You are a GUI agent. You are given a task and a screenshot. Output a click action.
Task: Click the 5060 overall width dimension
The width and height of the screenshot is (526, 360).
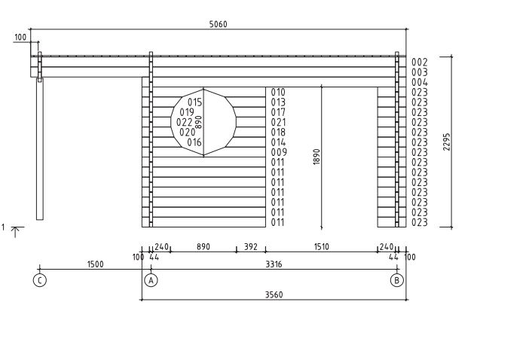click(x=218, y=24)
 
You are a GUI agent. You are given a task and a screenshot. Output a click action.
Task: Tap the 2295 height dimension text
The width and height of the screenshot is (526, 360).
click(x=446, y=142)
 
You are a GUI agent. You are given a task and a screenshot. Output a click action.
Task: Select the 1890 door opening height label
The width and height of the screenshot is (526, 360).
click(x=317, y=157)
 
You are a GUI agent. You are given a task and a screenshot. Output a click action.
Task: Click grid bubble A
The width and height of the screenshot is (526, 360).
click(x=151, y=280)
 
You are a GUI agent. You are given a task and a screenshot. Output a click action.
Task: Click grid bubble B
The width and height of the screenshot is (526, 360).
click(x=397, y=280)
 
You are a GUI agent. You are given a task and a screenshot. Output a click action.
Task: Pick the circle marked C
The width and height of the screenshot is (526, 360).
click(x=40, y=280)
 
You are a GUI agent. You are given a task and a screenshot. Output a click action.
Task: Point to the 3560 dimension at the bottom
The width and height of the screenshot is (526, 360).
click(x=274, y=295)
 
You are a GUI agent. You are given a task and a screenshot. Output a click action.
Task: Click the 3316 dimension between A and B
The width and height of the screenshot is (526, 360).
click(x=274, y=264)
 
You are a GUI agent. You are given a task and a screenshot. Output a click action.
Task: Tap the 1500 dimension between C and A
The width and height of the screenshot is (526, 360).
click(x=95, y=264)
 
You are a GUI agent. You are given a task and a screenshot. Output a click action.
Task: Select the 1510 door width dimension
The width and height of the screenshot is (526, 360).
click(x=321, y=247)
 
